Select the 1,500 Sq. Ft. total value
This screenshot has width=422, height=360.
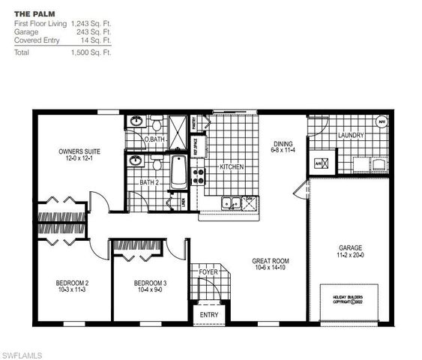tap(91, 53)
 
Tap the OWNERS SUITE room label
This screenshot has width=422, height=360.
tap(79, 151)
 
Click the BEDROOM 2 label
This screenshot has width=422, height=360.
tap(73, 283)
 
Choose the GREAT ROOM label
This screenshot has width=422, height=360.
tap(271, 261)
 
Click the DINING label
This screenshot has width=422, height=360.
tap(283, 143)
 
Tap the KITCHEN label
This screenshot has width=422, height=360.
tap(232, 166)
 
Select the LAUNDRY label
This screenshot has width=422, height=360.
tap(351, 136)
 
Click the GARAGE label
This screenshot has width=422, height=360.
tap(351, 247)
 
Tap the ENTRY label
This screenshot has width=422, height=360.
tap(209, 314)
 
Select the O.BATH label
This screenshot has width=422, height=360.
tap(154, 139)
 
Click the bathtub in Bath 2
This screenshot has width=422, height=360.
tap(179, 172)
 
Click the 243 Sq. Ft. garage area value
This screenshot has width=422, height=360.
tap(92, 31)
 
